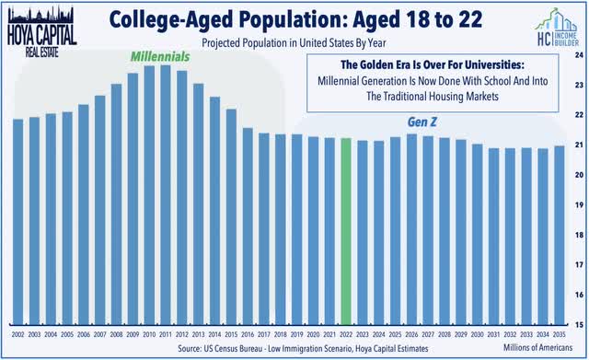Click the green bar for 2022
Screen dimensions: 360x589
coord(345,231)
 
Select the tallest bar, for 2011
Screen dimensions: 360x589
coord(165,194)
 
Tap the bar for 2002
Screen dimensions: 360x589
coord(18,221)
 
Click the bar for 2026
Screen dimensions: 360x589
coord(411,229)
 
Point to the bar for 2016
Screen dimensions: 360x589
coord(248,226)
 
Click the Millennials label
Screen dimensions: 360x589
coord(158,56)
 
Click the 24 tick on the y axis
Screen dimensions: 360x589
coord(578,54)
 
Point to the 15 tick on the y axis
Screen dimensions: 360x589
coord(578,324)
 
